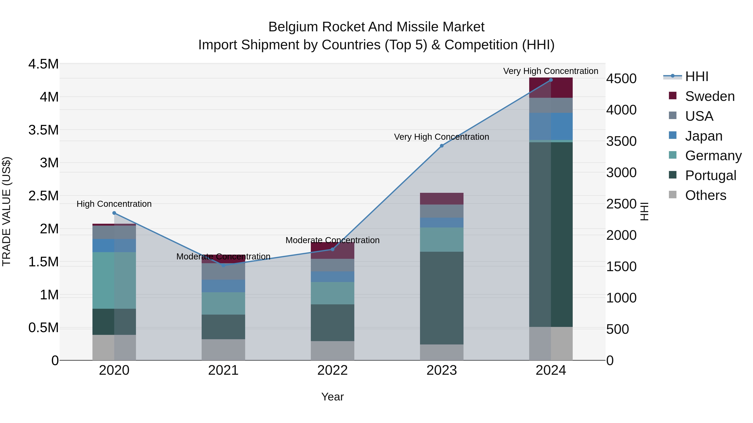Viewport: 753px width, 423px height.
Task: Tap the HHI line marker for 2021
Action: coord(223,265)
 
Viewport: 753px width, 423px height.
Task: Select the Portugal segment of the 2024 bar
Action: coord(551,234)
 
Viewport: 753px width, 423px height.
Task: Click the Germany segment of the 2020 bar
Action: coord(114,280)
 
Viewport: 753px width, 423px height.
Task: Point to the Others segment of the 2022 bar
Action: coord(332,350)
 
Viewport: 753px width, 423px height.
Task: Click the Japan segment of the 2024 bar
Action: coord(551,126)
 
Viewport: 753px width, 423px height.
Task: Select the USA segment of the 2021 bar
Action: coord(223,272)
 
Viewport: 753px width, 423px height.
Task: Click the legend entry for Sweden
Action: coord(709,96)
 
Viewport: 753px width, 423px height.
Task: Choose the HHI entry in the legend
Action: coord(696,76)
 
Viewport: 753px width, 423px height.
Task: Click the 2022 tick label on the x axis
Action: coord(332,370)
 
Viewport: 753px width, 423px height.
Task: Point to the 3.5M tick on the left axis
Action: coord(43,130)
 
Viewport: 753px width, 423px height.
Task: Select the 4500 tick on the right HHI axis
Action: coord(621,79)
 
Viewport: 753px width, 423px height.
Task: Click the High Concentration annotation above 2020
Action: coord(114,204)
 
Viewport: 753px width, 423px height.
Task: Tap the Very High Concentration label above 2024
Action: coord(551,71)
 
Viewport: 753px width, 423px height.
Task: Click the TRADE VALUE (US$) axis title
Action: coord(6,211)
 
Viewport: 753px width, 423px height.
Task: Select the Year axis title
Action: coord(332,397)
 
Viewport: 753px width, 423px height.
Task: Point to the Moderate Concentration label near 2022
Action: coord(332,240)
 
